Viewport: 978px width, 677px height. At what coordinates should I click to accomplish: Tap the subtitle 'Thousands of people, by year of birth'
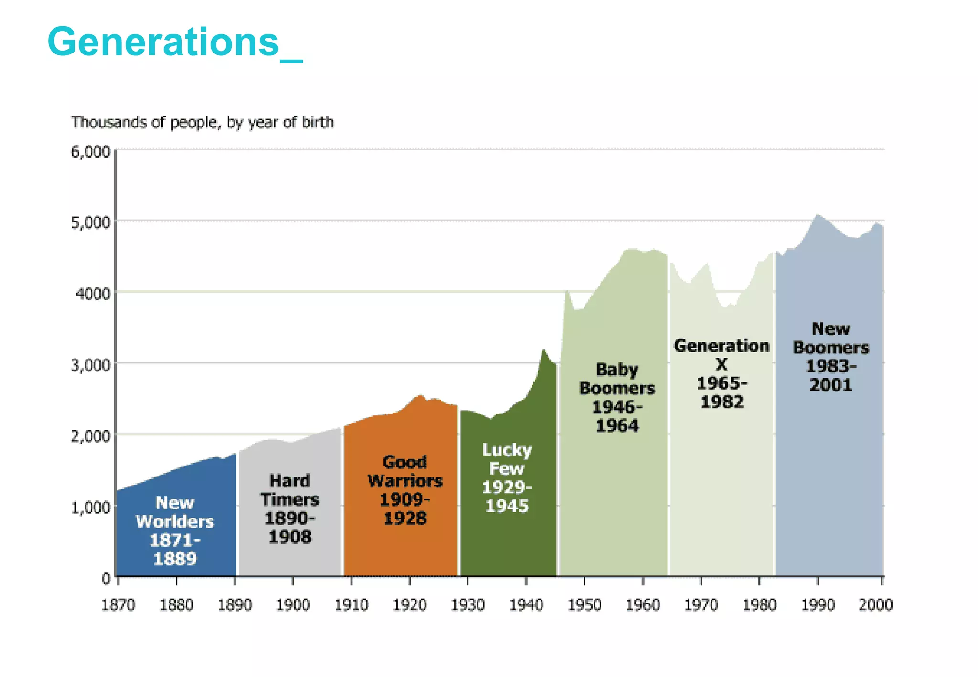pyautogui.click(x=202, y=122)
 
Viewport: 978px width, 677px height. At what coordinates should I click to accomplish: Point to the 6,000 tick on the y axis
pyautogui.click(x=91, y=152)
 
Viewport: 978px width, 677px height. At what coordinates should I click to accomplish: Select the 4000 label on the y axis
pyautogui.click(x=93, y=294)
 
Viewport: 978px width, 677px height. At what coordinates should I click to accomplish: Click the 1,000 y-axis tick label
pyautogui.click(x=91, y=508)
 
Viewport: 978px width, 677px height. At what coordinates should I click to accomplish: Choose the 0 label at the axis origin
pyautogui.click(x=106, y=579)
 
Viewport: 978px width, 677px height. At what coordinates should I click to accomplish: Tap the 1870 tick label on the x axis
pyautogui.click(x=118, y=605)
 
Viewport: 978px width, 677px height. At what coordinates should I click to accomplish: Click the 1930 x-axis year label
pyautogui.click(x=468, y=605)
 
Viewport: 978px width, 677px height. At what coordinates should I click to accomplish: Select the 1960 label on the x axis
pyautogui.click(x=642, y=605)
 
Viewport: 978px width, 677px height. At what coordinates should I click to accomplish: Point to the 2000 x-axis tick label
pyautogui.click(x=875, y=605)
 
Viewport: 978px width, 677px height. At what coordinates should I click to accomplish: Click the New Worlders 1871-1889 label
pyautogui.click(x=175, y=530)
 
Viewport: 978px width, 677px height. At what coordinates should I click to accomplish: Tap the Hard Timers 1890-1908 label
pyautogui.click(x=289, y=508)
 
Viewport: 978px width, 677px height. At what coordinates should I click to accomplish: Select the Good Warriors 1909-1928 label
pyautogui.click(x=404, y=490)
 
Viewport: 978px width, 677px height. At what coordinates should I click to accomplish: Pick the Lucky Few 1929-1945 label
pyautogui.click(x=507, y=477)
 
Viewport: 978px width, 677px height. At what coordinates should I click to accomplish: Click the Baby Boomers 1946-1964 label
pyautogui.click(x=617, y=397)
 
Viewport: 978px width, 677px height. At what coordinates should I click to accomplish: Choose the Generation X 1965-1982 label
pyautogui.click(x=722, y=373)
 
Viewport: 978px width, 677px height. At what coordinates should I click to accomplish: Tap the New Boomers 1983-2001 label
pyautogui.click(x=831, y=357)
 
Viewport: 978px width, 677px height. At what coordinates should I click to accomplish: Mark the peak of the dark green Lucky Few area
pyautogui.click(x=543, y=350)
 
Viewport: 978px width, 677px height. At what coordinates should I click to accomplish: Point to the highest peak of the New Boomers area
pyautogui.click(x=818, y=215)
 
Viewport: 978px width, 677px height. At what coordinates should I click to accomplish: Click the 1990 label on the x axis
pyautogui.click(x=818, y=605)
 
